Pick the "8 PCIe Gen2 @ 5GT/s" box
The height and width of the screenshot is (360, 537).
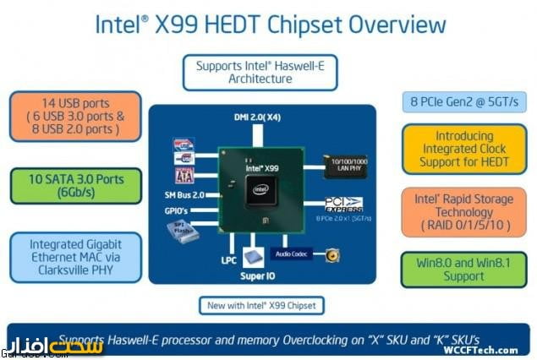464,101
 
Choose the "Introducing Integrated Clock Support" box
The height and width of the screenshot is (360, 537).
464,149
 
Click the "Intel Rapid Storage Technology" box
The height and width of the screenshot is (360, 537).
464,212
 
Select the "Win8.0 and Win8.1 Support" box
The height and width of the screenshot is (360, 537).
464,270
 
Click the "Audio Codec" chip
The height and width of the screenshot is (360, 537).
292,253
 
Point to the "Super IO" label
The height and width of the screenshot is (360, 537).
260,275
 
